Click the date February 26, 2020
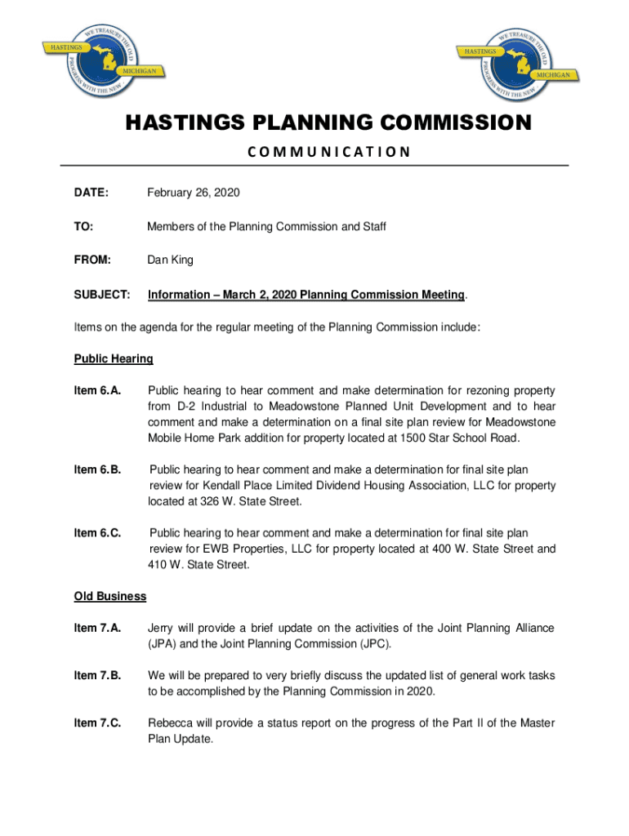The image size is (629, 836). coord(194,193)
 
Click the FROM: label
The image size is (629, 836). coord(92,260)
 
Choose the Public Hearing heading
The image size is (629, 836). coord(114,358)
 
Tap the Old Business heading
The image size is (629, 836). coord(110,596)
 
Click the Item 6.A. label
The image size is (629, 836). coord(98,391)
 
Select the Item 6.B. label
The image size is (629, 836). coord(98,469)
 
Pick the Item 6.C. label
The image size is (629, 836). coord(98,533)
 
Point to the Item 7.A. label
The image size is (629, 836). coord(98,628)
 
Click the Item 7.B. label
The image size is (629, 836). coord(98,675)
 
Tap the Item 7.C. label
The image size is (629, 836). coord(98,723)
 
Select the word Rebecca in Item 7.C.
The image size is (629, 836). coord(170,723)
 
